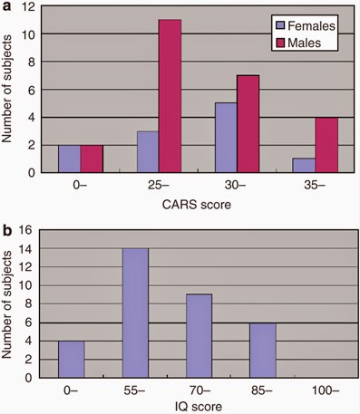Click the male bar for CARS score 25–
(x=169, y=95)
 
